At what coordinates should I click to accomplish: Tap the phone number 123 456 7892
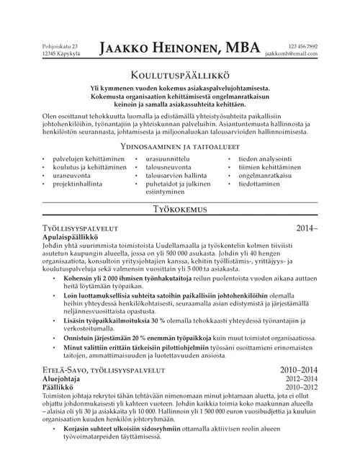[302, 46]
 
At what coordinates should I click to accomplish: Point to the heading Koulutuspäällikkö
[179, 74]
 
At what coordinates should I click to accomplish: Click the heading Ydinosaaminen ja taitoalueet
[179, 146]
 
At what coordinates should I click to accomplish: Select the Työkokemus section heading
[180, 210]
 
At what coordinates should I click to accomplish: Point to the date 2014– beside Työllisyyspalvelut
[306, 228]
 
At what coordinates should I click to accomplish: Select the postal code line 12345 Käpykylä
[60, 54]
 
